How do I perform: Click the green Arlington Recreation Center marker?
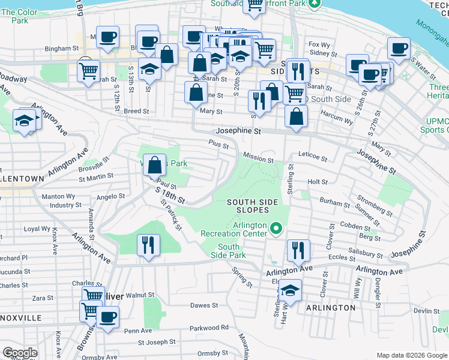(276, 228)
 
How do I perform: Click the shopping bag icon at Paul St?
(155, 164)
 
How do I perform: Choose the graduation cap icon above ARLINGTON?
(290, 291)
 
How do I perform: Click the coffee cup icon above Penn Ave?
(107, 317)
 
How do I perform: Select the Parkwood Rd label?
(209, 328)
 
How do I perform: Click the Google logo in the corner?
(20, 353)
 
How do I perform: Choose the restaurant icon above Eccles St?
(298, 251)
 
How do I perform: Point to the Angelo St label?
(110, 196)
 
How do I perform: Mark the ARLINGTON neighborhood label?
(331, 307)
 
